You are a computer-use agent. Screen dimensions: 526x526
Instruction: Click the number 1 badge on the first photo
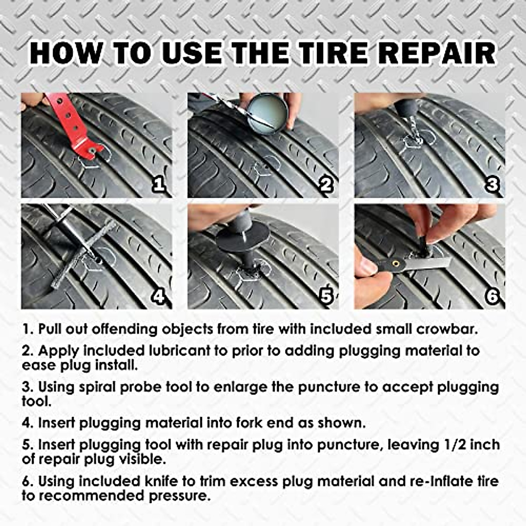click(158, 185)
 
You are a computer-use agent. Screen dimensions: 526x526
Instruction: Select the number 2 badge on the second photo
click(325, 185)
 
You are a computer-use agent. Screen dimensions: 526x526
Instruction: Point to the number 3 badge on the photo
click(492, 185)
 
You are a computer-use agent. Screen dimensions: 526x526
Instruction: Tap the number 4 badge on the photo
click(158, 297)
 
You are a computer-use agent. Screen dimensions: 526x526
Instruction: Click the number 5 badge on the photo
click(325, 297)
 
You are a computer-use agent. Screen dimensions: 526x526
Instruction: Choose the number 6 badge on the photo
click(492, 297)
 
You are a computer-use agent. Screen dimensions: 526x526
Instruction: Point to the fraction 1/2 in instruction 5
click(452, 444)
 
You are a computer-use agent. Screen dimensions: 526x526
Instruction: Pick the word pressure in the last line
click(178, 496)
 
